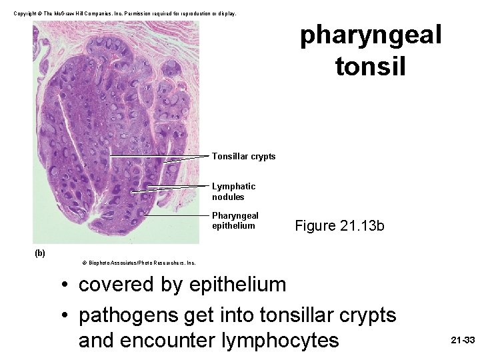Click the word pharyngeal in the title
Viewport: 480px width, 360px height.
[371, 35]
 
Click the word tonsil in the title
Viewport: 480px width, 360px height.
[371, 66]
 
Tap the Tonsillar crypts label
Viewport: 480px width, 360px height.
[243, 156]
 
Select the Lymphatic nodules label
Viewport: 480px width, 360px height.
[233, 191]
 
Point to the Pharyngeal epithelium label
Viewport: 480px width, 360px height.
[235, 220]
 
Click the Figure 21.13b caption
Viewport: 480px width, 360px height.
[339, 225]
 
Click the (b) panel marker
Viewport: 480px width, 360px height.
[40, 253]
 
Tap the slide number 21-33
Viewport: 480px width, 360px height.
[463, 340]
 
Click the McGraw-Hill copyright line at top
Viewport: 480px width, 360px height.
[126, 13]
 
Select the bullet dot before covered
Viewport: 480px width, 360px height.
[64, 285]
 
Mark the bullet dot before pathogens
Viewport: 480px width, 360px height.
[64, 315]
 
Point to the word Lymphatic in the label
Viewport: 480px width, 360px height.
[233, 186]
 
